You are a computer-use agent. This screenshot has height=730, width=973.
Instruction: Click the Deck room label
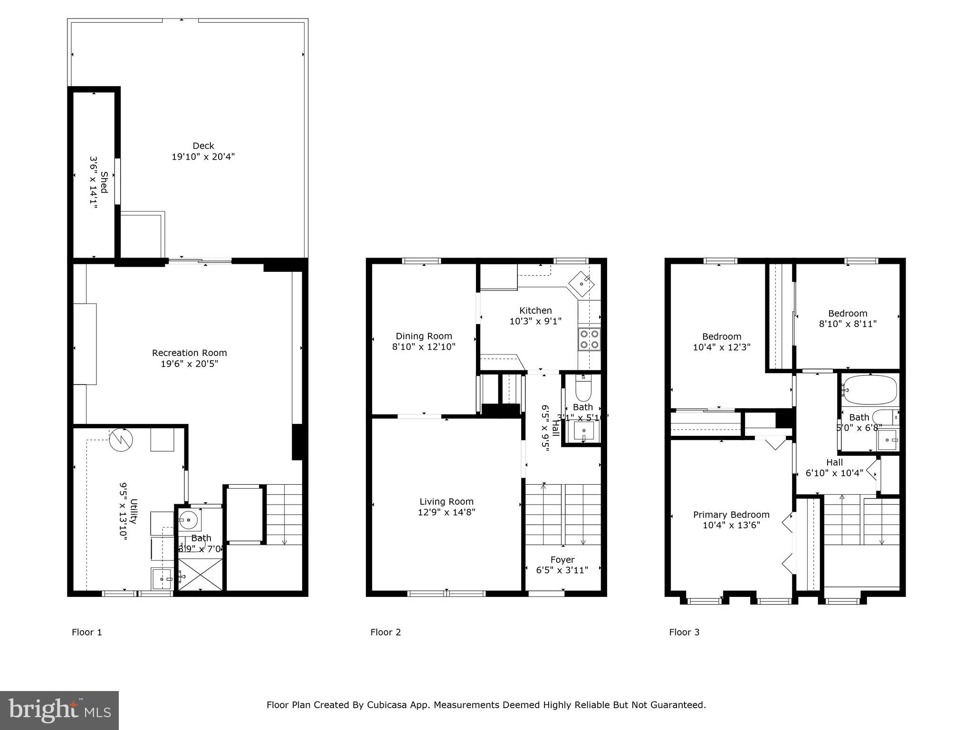tap(203, 146)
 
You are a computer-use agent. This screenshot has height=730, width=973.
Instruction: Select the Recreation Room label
tap(189, 353)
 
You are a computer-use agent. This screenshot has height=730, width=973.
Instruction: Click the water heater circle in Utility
tap(121, 440)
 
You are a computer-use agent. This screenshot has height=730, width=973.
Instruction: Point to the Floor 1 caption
tap(86, 632)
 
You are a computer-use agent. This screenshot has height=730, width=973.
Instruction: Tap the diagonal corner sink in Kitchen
tap(582, 284)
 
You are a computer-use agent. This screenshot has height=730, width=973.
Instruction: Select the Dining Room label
tap(424, 336)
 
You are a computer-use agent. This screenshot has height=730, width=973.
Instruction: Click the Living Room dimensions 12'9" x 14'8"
tap(447, 512)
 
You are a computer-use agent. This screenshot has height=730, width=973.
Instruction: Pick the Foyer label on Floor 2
tap(563, 560)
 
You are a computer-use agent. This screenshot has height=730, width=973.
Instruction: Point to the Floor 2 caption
tap(385, 632)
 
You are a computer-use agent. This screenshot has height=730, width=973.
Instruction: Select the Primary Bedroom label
tap(731, 515)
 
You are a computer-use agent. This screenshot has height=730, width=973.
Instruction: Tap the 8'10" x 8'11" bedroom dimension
tap(848, 324)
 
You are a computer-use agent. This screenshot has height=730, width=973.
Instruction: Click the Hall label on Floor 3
tap(834, 462)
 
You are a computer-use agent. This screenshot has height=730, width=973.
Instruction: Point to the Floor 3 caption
tap(684, 632)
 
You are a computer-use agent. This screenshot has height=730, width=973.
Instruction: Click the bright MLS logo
tap(59, 711)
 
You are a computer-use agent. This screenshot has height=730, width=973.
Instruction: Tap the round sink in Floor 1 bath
tap(189, 520)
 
